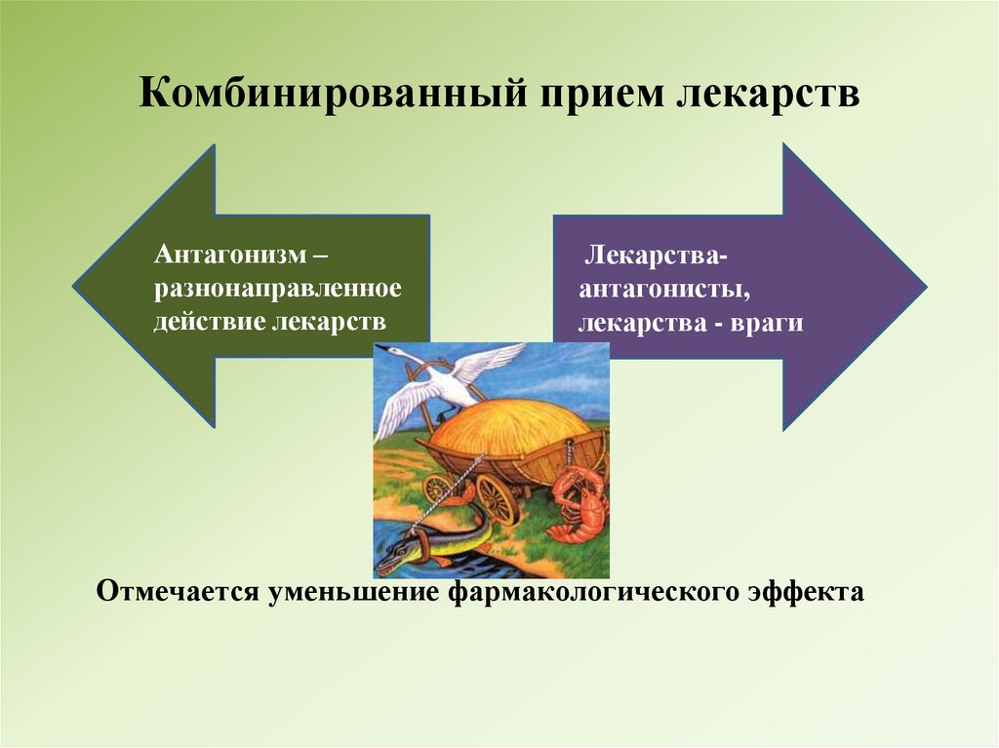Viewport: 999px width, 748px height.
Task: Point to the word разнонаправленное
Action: [277, 288]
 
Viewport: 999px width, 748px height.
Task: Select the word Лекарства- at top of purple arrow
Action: [654, 256]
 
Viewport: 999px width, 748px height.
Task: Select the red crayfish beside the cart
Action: [576, 502]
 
